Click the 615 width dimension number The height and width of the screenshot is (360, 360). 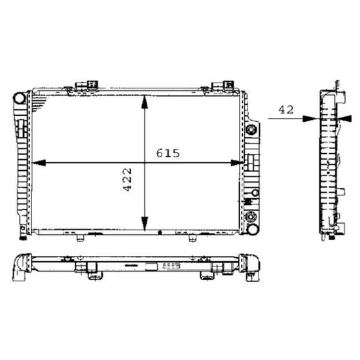click(x=168, y=153)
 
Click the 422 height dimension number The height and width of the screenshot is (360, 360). click(x=127, y=180)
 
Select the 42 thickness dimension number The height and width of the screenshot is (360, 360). click(x=286, y=110)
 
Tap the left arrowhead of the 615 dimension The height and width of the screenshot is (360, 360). click(x=39, y=163)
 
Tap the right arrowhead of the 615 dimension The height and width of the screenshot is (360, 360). click(x=238, y=163)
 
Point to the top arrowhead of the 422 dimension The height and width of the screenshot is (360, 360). click(x=145, y=102)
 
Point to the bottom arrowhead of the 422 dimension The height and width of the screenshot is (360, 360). click(x=145, y=224)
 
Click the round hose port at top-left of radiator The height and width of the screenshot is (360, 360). click(x=20, y=98)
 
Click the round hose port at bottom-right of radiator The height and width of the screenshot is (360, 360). click(x=252, y=228)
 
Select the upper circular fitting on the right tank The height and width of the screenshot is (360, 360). click(x=251, y=130)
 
